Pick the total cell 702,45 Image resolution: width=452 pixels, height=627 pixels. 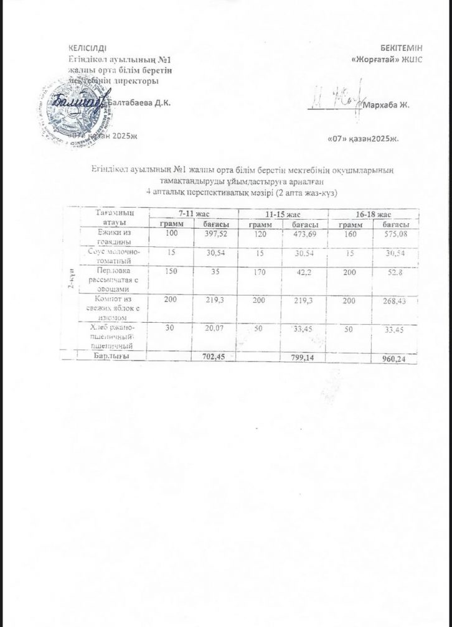pyautogui.click(x=215, y=357)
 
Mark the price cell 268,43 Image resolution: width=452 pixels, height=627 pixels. pyautogui.click(x=396, y=300)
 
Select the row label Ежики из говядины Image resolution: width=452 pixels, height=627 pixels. pyautogui.click(x=112, y=236)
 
